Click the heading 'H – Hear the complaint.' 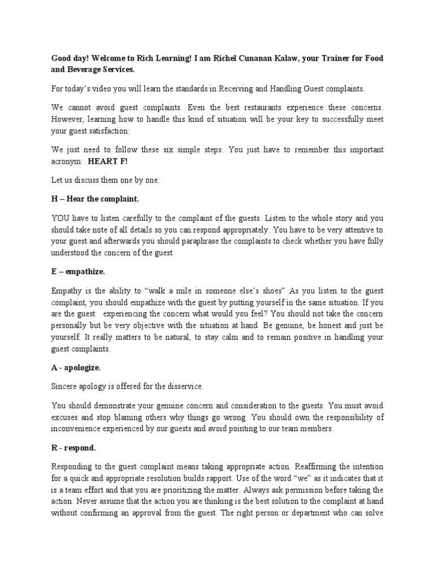[x=95, y=199]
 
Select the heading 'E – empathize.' [x=78, y=272]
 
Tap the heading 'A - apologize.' [x=76, y=368]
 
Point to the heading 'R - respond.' [x=73, y=448]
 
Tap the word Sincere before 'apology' [x=66, y=387]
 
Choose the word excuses [x=65, y=418]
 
